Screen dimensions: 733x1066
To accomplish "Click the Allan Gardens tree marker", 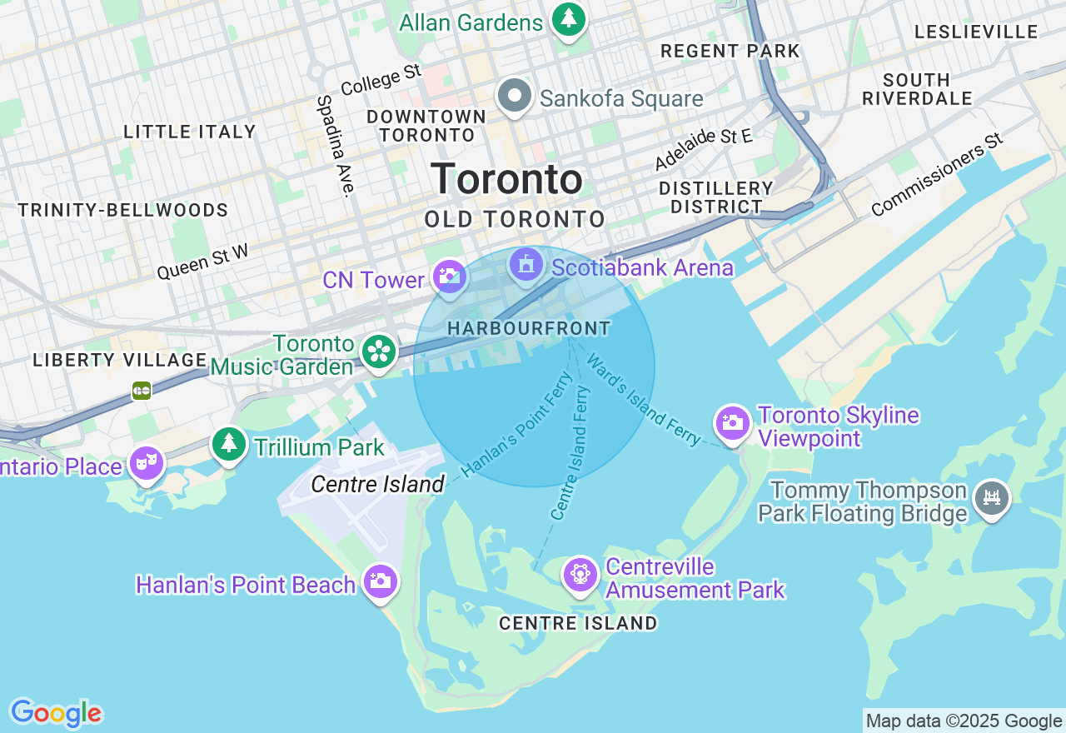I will (569, 18).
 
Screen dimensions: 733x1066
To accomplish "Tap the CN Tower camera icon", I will (450, 277).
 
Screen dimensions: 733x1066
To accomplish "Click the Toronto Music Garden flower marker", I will (379, 351).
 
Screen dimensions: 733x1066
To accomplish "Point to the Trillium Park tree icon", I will (229, 444).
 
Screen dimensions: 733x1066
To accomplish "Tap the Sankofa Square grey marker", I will (516, 97).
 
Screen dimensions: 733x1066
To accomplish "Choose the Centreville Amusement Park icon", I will (580, 575).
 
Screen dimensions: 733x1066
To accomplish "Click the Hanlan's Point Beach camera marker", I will (381, 581).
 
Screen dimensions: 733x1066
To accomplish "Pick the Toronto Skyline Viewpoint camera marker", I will (733, 423).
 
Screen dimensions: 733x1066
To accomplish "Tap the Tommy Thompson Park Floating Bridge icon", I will (991, 498).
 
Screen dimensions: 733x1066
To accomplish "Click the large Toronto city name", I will (506, 179).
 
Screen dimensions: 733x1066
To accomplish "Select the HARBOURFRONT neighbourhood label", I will (529, 329).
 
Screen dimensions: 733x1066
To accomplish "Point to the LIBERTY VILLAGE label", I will (120, 360).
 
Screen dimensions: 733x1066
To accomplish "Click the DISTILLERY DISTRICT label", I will (716, 197).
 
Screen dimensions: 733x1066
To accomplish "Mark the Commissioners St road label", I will (937, 174).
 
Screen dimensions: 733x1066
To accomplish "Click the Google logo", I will (56, 713).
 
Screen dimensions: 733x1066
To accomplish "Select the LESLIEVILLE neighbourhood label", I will (976, 32).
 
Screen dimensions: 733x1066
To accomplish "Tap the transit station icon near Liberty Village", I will (142, 390).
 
